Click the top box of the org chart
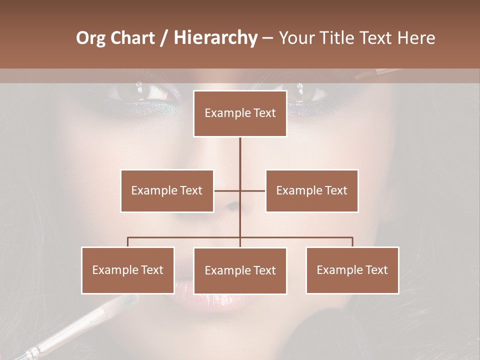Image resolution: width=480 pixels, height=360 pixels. point(240,113)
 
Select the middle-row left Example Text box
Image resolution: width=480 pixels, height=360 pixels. point(167,190)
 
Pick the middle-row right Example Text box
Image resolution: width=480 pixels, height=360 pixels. point(311,190)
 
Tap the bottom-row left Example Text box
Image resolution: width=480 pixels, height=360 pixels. point(128,270)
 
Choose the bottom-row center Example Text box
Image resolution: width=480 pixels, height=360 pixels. point(240,270)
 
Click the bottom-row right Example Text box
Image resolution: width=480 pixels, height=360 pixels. point(352,270)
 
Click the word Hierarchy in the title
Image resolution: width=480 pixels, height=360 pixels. point(215,38)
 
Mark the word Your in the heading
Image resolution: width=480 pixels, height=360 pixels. point(295,38)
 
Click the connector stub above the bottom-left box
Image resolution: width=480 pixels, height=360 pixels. point(128,242)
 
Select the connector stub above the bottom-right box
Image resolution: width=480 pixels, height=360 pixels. point(352,242)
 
